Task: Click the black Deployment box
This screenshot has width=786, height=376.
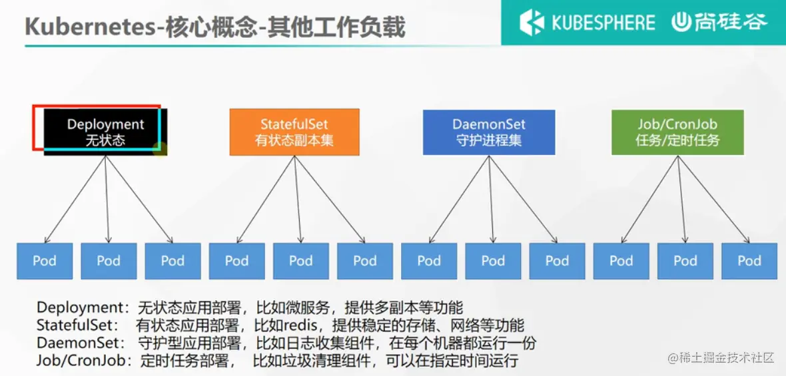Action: pos(105,132)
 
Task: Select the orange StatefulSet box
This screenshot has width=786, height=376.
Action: pos(294,132)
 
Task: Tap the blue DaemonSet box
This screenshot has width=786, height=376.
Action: pos(489,132)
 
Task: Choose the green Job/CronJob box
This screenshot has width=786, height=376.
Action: pos(677,132)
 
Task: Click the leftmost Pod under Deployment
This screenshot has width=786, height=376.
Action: pos(45,260)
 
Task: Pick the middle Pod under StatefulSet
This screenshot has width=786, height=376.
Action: pos(300,260)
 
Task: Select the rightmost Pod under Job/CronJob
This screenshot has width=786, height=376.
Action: pos(749,260)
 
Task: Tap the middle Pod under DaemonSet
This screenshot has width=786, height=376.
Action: pos(493,260)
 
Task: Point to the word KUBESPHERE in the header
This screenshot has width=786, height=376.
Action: pos(603,23)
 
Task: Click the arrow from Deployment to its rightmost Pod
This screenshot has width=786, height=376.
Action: pos(140,200)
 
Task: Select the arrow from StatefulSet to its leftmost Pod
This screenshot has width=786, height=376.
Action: pos(265,200)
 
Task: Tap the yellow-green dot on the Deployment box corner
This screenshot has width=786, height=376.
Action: pos(160,148)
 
